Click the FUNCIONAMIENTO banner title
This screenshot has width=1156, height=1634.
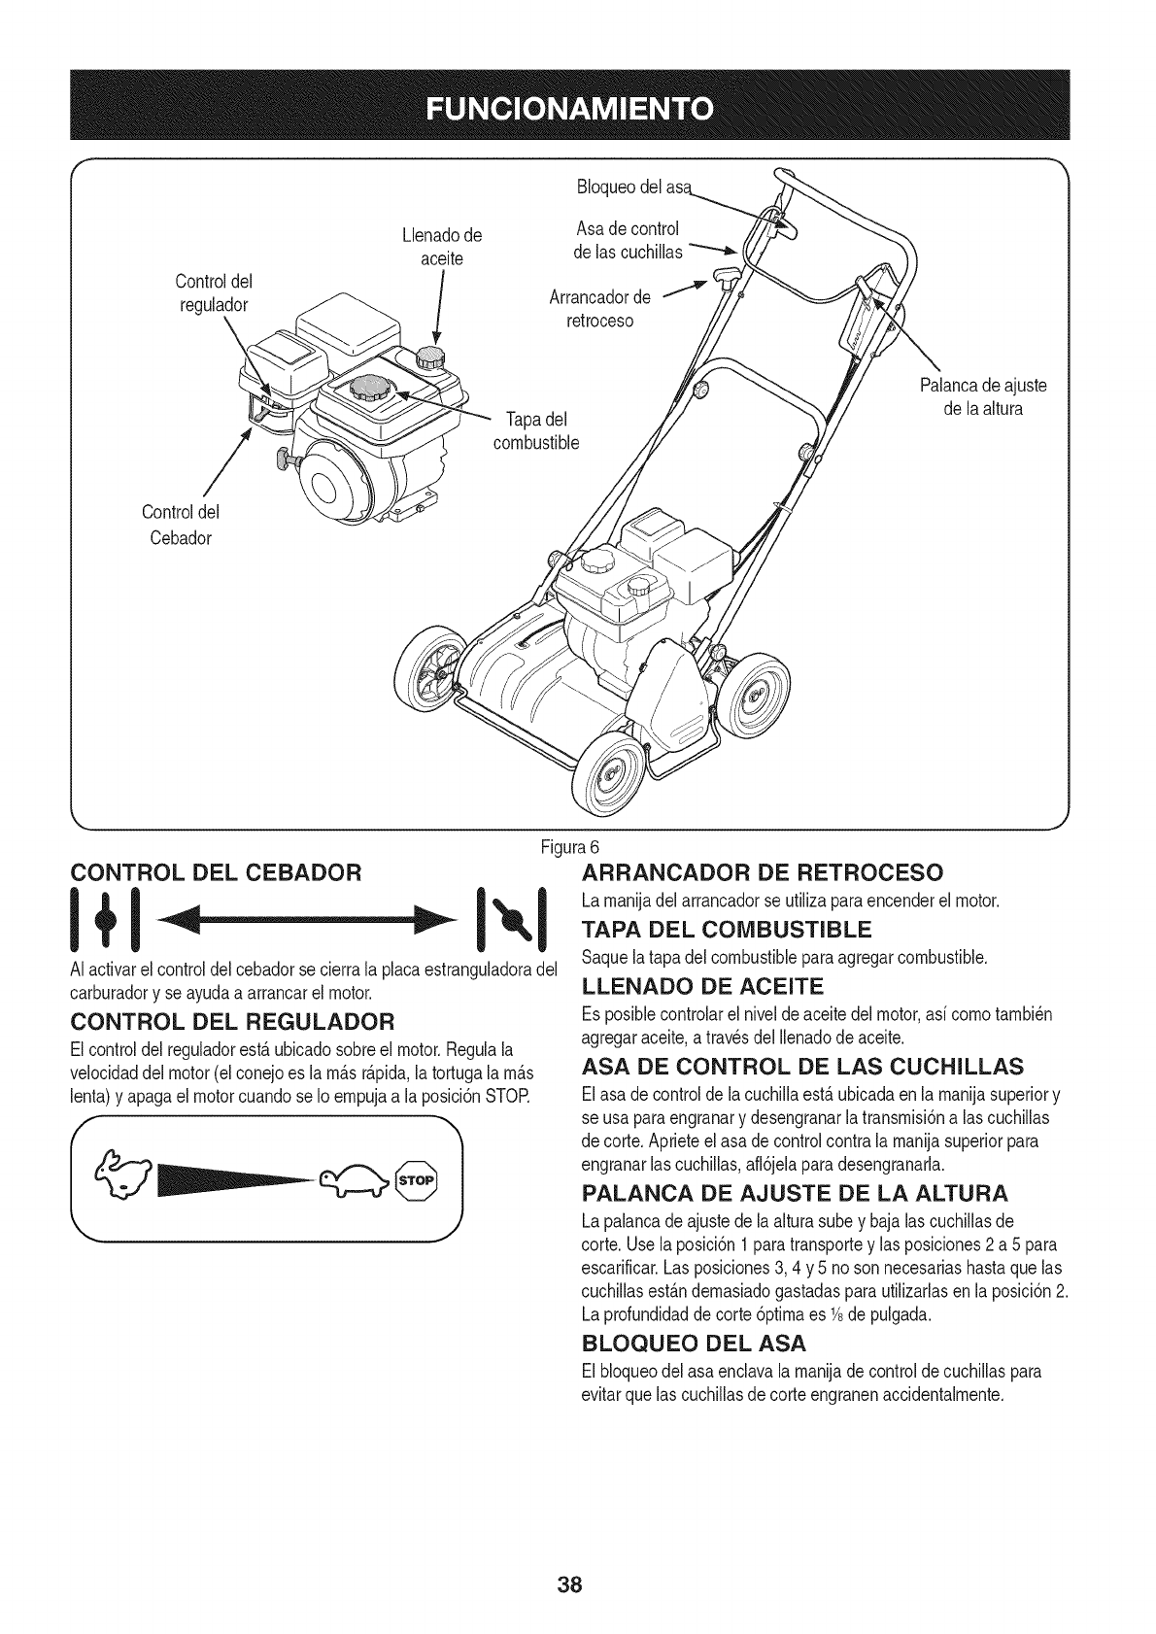click(x=577, y=106)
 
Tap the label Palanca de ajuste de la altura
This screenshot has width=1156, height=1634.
click(x=982, y=396)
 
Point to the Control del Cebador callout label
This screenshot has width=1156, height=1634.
click(x=181, y=525)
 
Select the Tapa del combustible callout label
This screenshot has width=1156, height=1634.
click(x=536, y=431)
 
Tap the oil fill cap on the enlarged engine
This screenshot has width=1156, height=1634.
click(x=428, y=356)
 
